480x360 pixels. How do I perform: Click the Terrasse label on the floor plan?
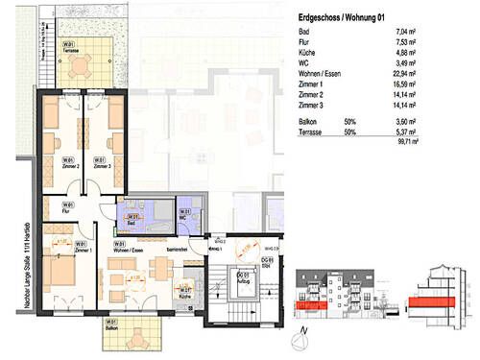tap(68, 46)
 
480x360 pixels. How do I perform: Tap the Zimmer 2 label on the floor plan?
tap(68, 163)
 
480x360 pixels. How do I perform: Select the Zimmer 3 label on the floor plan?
tap(100, 163)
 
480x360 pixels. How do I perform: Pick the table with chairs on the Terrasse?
tap(82, 66)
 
